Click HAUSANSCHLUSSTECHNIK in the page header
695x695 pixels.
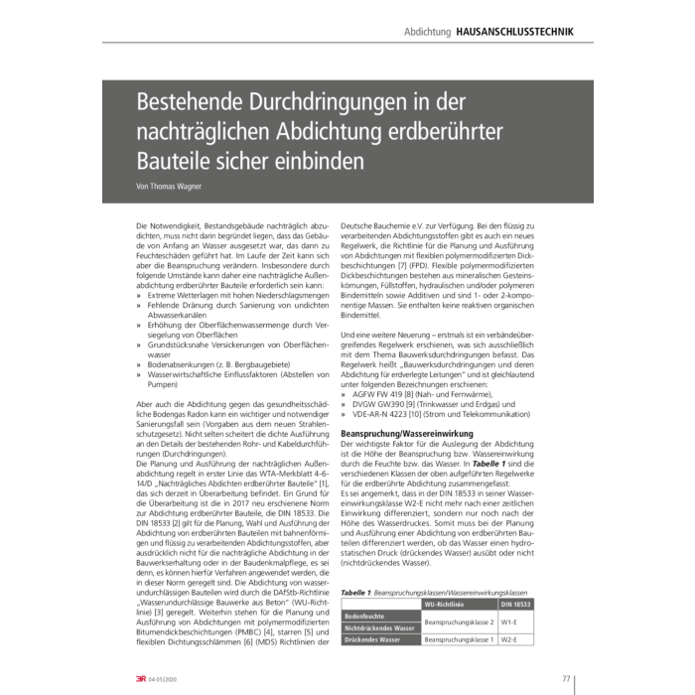(514, 33)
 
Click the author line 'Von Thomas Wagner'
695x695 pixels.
(169, 186)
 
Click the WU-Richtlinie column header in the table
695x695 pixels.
(444, 603)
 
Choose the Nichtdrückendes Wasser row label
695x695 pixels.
(380, 628)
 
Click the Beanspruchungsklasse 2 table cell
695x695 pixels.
(459, 623)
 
